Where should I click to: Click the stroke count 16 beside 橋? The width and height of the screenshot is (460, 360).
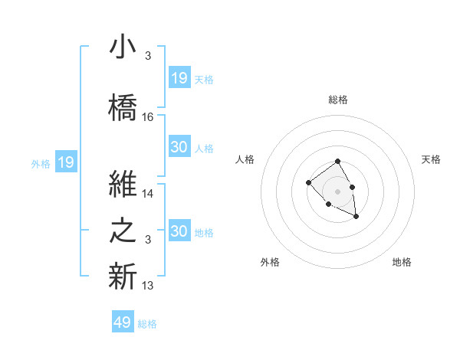click(x=148, y=117)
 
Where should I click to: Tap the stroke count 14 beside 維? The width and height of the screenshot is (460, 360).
click(x=148, y=194)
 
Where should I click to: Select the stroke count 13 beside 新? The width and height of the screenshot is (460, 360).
click(x=148, y=286)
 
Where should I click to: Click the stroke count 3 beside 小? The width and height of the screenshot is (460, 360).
click(x=147, y=56)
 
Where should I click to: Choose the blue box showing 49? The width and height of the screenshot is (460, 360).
click(x=123, y=322)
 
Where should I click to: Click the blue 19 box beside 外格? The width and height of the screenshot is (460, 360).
click(x=65, y=162)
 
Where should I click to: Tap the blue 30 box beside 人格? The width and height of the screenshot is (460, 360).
click(x=179, y=148)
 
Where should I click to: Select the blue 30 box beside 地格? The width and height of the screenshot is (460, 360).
click(x=179, y=231)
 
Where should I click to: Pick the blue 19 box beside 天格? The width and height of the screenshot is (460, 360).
click(x=179, y=78)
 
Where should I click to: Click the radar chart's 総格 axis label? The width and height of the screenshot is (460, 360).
click(x=337, y=100)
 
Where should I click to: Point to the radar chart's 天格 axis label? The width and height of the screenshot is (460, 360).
click(x=431, y=159)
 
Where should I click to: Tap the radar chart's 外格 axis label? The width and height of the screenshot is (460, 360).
click(x=270, y=262)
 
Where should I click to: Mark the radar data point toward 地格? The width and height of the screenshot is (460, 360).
click(x=356, y=217)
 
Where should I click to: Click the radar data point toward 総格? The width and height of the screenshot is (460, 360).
click(x=337, y=162)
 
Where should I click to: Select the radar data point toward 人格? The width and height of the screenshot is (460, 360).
click(x=308, y=182)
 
